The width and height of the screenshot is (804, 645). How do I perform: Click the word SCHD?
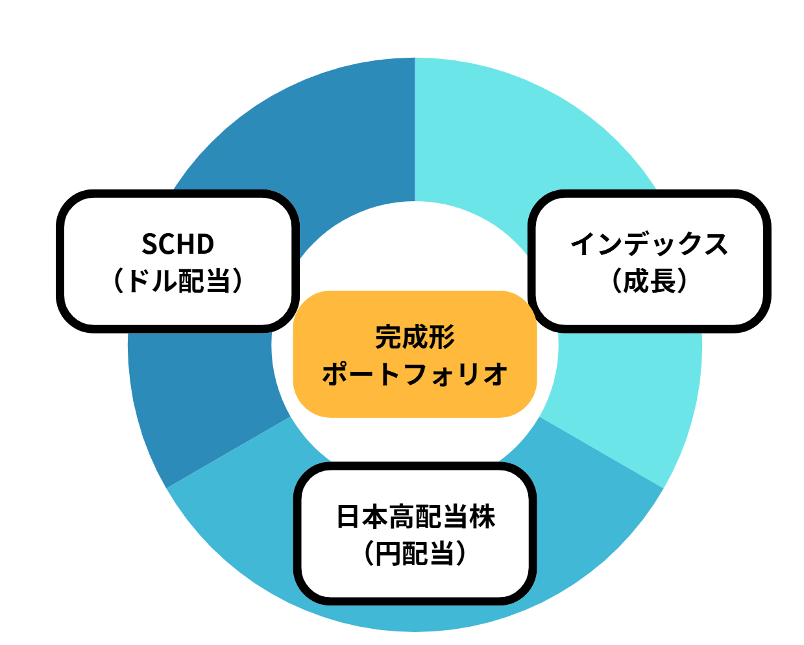click(x=178, y=244)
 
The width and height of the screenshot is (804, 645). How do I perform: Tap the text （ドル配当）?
click(x=178, y=281)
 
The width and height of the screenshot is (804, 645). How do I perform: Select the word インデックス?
click(x=650, y=244)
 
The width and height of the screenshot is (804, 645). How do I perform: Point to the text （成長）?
click(x=650, y=281)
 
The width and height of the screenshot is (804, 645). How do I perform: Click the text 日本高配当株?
click(x=415, y=517)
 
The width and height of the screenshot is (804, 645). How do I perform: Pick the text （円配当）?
click(x=415, y=554)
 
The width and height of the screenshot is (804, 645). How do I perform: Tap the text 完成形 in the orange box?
click(x=415, y=337)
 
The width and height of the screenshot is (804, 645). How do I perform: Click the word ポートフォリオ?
click(x=415, y=374)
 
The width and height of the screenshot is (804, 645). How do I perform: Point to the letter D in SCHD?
click(x=205, y=244)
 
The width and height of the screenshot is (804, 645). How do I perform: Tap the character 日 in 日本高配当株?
click(x=348, y=517)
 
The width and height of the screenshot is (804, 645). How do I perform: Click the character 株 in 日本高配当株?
click(x=482, y=517)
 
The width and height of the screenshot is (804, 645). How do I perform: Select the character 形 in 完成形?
click(x=442, y=337)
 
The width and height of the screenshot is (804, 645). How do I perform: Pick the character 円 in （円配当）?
click(x=389, y=554)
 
